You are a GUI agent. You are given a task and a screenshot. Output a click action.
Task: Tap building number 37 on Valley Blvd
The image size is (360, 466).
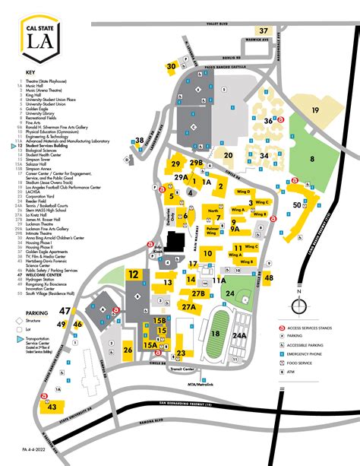[264, 31]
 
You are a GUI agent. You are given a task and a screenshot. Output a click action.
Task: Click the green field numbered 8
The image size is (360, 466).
[311, 159]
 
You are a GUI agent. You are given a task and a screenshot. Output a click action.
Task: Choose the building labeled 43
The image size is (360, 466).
[52, 407]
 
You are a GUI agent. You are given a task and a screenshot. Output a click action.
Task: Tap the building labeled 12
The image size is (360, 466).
[134, 275]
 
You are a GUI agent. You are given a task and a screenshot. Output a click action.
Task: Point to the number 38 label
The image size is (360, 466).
[139, 140]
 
